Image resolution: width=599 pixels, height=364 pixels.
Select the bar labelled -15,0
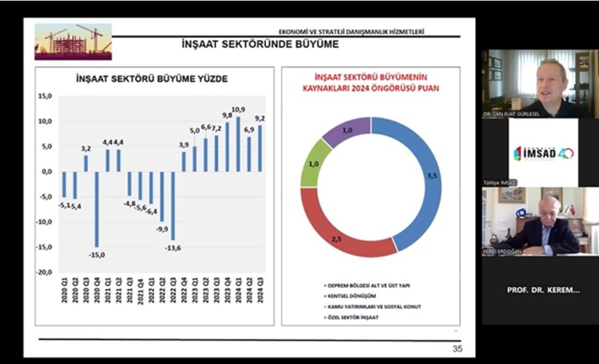click(x=97, y=209)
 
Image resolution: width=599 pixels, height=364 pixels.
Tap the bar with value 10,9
click(x=237, y=144)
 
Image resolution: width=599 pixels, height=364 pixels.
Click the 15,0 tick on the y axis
click(x=46, y=96)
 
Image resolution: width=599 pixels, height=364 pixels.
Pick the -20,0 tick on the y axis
click(x=45, y=271)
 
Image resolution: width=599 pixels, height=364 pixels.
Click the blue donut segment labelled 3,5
click(x=405, y=176)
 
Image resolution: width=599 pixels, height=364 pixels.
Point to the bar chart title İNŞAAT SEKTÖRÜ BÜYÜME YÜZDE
click(x=151, y=81)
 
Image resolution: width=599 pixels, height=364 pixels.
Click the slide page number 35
click(x=457, y=348)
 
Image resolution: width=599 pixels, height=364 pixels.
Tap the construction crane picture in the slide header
click(x=73, y=42)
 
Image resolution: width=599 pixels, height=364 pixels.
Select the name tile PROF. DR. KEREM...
click(x=542, y=290)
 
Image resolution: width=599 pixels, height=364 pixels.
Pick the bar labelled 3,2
click(x=86, y=163)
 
